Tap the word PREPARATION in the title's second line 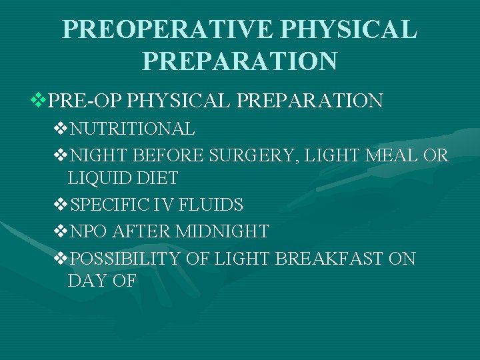point(240,61)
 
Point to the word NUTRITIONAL point(132,129)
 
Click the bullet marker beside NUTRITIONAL point(60,129)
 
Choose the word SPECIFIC point(106,205)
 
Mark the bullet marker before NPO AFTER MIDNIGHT point(60,231)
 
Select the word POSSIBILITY point(125,258)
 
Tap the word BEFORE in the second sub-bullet point(170,155)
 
